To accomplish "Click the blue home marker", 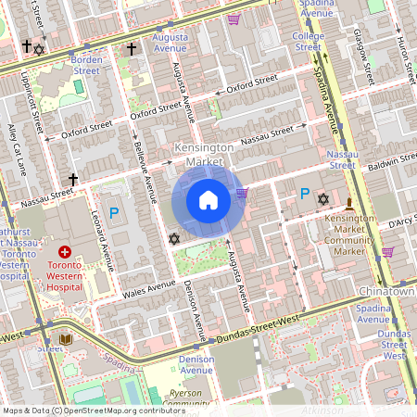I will pyautogui.click(x=208, y=199).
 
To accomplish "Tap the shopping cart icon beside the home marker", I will pyautogui.click(x=242, y=193).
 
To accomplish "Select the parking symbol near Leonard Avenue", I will pyautogui.click(x=114, y=213).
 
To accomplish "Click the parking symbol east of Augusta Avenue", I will pyautogui.click(x=304, y=194).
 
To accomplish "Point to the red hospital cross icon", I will pyautogui.click(x=65, y=252).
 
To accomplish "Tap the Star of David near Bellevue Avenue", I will pyautogui.click(x=172, y=239).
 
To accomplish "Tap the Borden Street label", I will pyautogui.click(x=86, y=64).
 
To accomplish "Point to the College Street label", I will pyautogui.click(x=308, y=42).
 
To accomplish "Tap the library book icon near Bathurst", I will pyautogui.click(x=65, y=340).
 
